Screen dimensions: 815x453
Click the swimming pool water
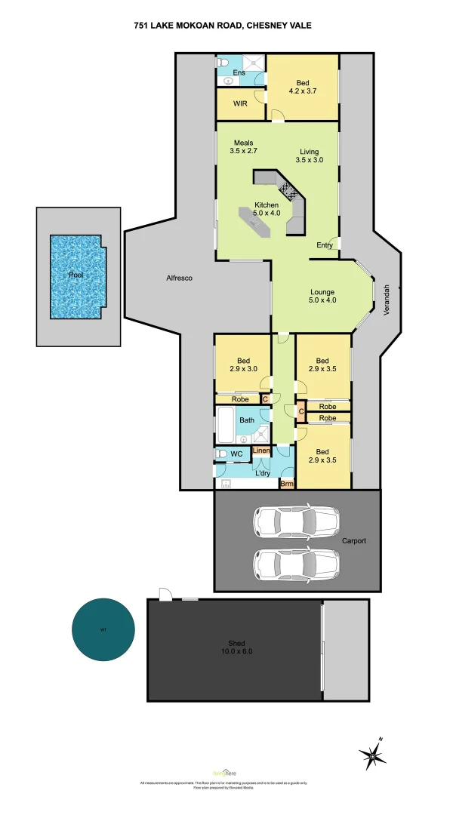(75, 276)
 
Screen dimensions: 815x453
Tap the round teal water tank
(103, 629)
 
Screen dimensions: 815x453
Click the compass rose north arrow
(372, 754)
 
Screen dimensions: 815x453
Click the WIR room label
(240, 103)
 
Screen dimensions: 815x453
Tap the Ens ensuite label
(239, 72)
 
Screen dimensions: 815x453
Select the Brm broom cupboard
(287, 484)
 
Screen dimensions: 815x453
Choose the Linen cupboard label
(261, 451)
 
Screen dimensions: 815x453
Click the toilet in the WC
(222, 454)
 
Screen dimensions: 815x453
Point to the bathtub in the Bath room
(226, 426)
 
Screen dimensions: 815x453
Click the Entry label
(325, 244)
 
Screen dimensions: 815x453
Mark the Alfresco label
(180, 278)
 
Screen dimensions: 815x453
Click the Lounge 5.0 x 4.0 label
(322, 296)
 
